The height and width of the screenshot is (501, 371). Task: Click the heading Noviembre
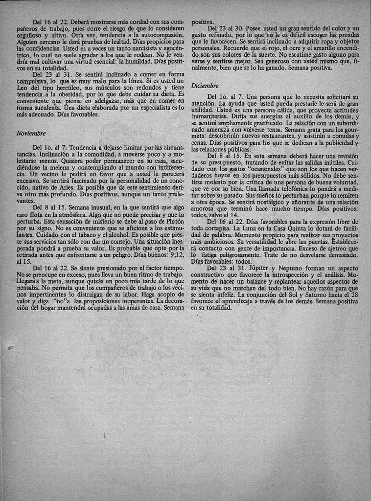coord(30,133)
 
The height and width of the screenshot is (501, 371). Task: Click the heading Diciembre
coord(205,86)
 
